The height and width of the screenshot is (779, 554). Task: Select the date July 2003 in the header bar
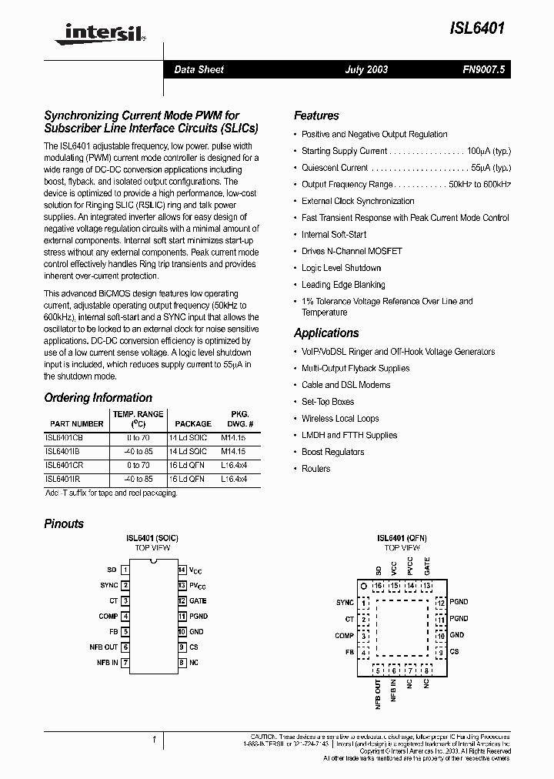[365, 69]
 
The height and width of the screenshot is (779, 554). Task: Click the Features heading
[316, 115]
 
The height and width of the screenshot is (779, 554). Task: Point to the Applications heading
[326, 333]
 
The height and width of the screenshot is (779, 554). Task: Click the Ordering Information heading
[98, 398]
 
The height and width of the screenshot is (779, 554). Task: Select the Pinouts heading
[64, 523]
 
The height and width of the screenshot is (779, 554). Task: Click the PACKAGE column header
[193, 423]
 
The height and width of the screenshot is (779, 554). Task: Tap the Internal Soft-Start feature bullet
[334, 235]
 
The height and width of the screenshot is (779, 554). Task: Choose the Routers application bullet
[315, 469]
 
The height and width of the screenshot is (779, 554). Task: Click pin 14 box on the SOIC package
[182, 570]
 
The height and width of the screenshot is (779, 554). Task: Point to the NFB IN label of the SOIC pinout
[107, 662]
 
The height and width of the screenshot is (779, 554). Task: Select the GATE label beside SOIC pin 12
[199, 601]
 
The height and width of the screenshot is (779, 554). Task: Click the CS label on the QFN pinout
[454, 652]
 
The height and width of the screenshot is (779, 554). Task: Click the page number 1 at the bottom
[154, 740]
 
